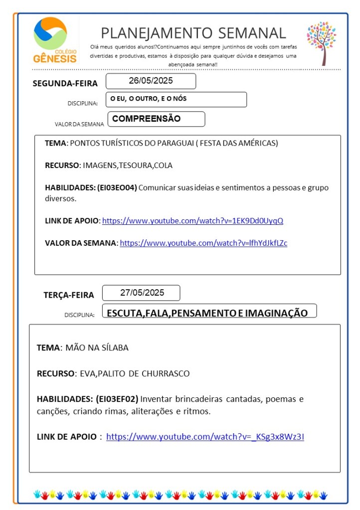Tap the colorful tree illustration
(x=322, y=42)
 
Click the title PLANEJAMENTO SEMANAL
(x=193, y=33)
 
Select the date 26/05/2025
(x=151, y=81)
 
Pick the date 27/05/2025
(x=142, y=293)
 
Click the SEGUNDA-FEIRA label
(x=65, y=83)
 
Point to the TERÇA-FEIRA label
(x=68, y=295)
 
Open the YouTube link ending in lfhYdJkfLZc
(x=203, y=243)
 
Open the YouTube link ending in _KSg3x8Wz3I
(x=205, y=437)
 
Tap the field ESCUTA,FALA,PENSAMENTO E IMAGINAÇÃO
(x=207, y=313)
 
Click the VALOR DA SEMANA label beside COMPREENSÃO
(x=79, y=124)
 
